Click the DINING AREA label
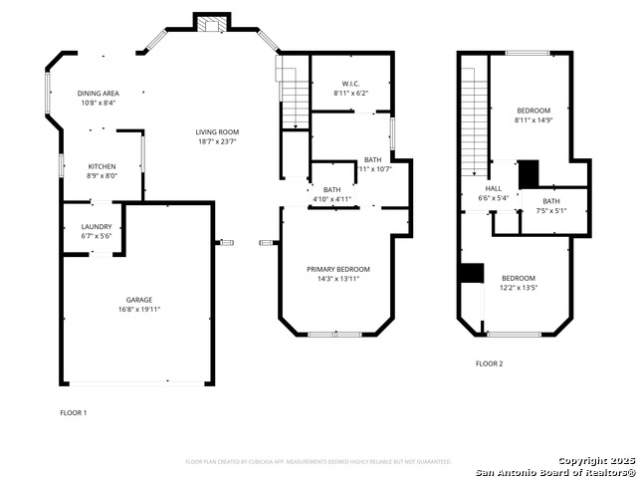98,93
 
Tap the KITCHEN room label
102,166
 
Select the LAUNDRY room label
97,226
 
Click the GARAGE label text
138,300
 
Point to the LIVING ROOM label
216,131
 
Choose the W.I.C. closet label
350,84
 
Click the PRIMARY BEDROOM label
337,269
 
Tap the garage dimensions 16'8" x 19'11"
138,310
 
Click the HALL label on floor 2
494,188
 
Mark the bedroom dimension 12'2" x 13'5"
519,288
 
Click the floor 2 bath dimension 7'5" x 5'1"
550,210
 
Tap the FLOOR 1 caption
74,412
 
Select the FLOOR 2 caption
489,363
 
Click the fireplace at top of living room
211,25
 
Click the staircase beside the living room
295,100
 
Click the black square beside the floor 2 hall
529,172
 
